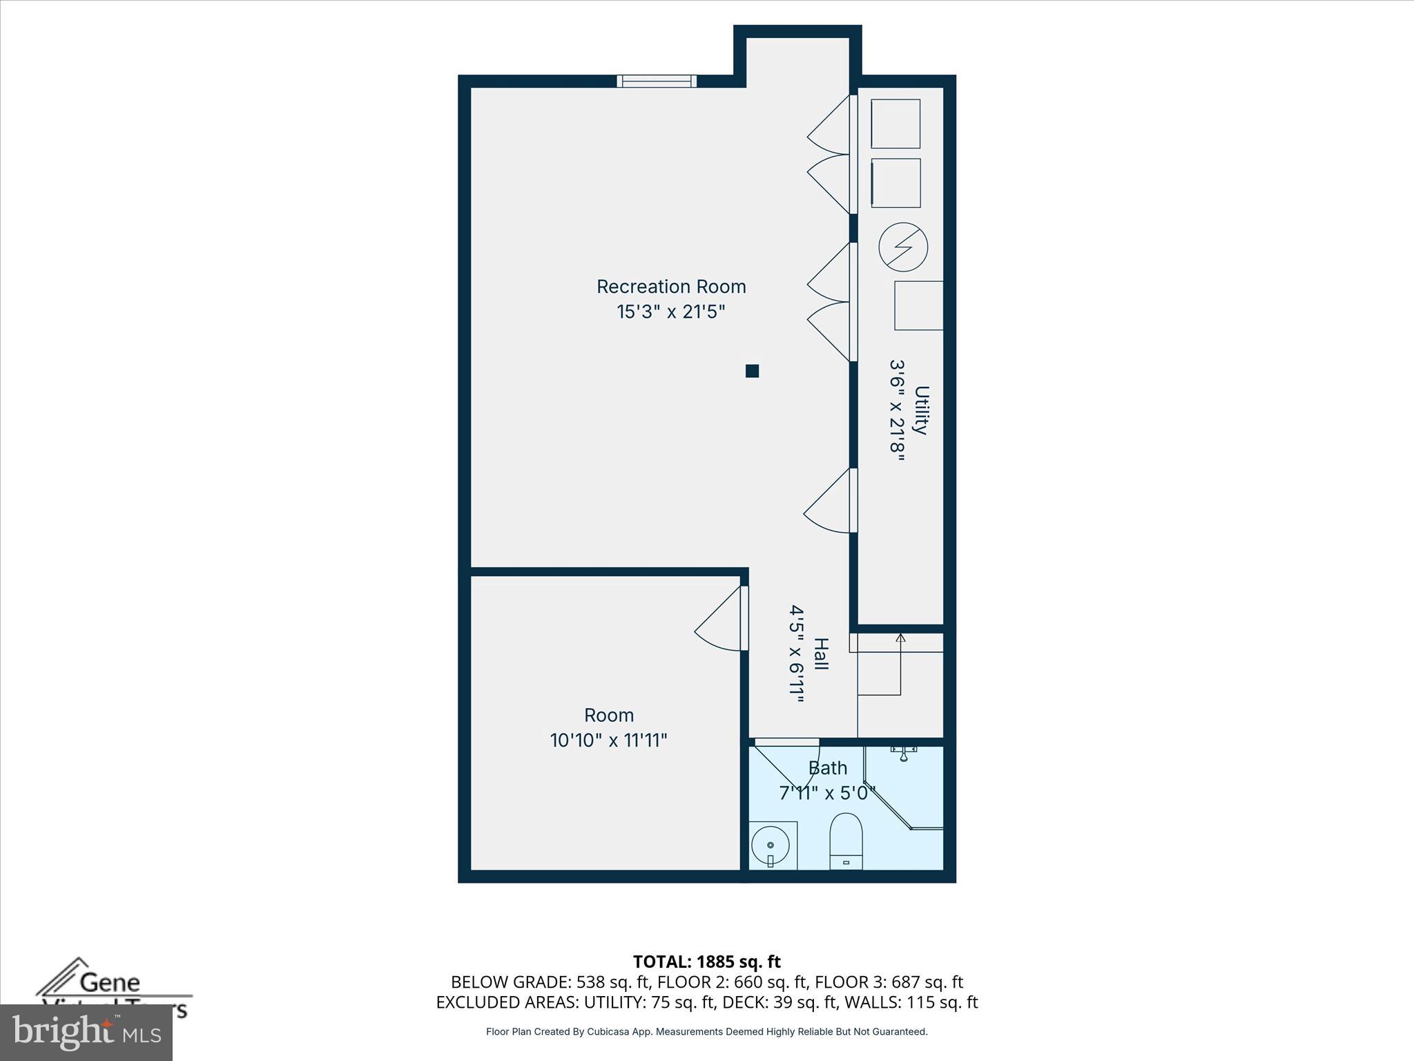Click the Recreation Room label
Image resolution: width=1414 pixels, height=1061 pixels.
coord(671,287)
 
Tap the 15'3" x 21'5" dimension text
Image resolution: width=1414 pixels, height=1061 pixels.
coord(671,312)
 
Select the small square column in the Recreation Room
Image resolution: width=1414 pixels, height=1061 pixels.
coord(753,371)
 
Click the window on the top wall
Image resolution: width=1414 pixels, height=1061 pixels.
coord(657,82)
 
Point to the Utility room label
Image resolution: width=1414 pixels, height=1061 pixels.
coord(921,410)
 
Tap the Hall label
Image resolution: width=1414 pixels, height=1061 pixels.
coord(821,653)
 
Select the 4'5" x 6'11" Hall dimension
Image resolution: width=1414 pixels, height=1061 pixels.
coord(797,653)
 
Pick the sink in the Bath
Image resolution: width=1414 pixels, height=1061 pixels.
coord(771,845)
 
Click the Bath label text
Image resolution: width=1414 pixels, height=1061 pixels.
coord(828,768)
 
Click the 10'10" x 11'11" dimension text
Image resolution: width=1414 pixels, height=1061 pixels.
coord(608,740)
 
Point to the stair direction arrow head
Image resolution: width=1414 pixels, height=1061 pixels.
coord(900,638)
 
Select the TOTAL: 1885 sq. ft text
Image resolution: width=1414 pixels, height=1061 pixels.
coord(706,962)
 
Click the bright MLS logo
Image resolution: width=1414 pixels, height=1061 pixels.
coord(86,1033)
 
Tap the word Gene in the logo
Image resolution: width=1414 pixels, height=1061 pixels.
coord(110,982)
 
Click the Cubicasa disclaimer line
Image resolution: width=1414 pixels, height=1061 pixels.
coord(706,1032)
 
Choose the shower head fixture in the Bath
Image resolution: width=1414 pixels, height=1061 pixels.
coord(903,752)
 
